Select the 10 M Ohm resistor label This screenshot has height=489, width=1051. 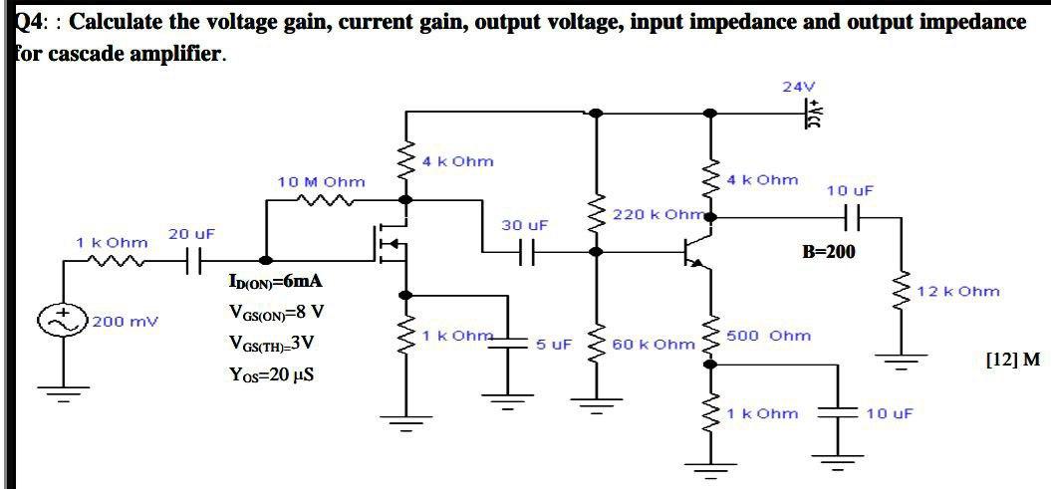(x=321, y=182)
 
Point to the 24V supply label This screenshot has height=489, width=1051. (x=797, y=88)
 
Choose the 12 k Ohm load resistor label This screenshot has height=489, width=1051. (x=957, y=292)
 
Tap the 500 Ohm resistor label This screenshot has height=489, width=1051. (x=768, y=336)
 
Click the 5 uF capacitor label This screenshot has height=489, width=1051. (x=554, y=345)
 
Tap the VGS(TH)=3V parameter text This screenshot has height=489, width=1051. (x=272, y=344)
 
